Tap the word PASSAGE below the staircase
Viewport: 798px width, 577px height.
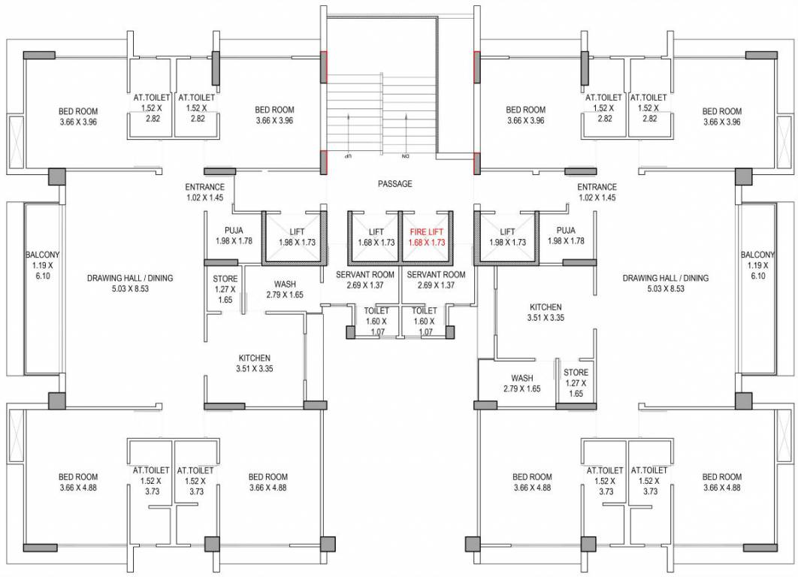394,184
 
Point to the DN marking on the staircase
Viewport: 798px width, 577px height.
404,156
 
